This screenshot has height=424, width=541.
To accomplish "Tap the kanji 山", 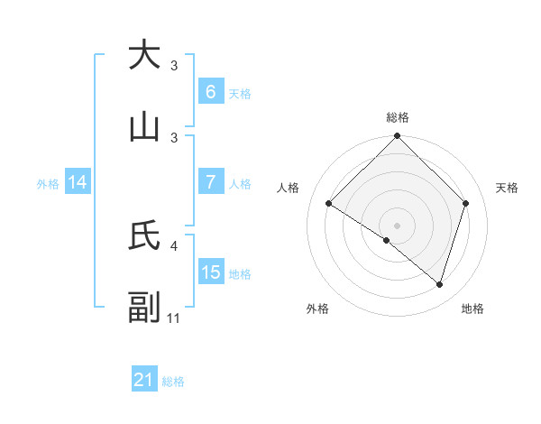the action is coord(144,127).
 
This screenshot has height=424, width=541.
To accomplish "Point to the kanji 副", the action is coord(144,308).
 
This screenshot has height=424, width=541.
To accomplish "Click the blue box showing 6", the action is coord(210,92).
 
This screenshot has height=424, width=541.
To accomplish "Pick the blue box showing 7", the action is coord(210,182).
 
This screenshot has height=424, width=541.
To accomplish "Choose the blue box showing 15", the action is coord(210,272).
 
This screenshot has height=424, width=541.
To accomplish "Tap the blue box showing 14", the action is coord(78,182).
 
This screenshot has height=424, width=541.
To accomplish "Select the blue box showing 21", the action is coord(144,381).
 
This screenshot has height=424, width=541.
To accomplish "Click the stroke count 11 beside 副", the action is coord(174,318).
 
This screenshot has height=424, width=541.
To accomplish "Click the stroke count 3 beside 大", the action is coord(174,65).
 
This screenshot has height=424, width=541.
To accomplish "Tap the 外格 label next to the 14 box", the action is coord(48,183).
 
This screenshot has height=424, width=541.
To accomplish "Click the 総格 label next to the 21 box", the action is coord(173,382).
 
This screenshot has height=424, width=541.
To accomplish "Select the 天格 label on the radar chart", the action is coord(507,188).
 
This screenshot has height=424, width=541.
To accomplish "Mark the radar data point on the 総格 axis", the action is coord(397,137).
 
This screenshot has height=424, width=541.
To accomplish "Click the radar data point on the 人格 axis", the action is coord(329,204).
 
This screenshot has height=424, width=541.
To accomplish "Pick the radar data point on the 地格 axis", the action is coord(439,284).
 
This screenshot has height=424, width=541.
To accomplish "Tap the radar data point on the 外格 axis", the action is coord(387,240).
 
